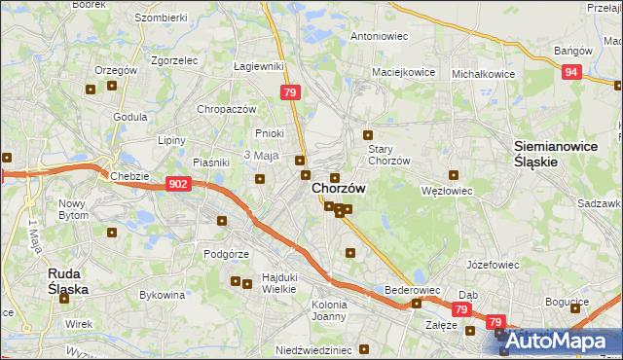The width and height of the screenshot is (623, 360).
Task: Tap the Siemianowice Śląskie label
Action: [x=549, y=154]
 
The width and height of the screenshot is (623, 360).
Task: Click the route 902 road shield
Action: [x=177, y=183]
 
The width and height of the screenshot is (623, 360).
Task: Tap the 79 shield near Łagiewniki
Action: [x=289, y=92]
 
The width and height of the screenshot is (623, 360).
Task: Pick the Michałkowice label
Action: [x=483, y=73]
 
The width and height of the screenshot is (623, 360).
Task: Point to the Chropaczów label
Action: [x=226, y=109]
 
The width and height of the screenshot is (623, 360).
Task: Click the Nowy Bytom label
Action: [x=73, y=209]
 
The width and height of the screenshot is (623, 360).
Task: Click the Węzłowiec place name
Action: [x=446, y=191]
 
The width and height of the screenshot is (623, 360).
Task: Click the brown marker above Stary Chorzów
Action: [x=368, y=135]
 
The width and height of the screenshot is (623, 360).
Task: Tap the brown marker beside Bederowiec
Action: [x=417, y=303]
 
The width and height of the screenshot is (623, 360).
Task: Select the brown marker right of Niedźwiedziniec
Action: [x=363, y=349]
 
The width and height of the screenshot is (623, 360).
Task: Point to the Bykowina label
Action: [x=163, y=294]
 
